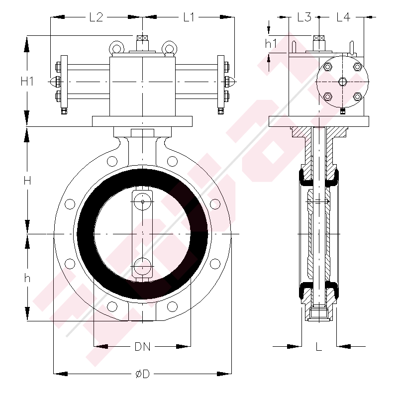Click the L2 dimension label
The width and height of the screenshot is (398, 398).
click(96, 17)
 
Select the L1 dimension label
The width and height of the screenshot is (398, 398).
click(189, 17)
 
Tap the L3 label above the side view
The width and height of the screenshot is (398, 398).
click(304, 17)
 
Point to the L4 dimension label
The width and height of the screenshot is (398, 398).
click(343, 17)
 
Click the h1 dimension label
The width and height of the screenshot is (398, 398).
click(271, 44)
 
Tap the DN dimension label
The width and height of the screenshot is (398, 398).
click(142, 346)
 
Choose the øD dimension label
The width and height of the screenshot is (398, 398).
click(142, 373)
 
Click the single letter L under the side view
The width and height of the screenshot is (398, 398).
click(319, 346)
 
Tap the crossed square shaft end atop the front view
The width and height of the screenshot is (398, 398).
click(143, 38)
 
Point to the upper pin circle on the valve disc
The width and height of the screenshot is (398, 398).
click(143, 201)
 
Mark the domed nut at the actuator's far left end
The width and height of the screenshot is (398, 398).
click(53, 81)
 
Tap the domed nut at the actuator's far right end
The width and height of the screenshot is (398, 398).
click(232, 81)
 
